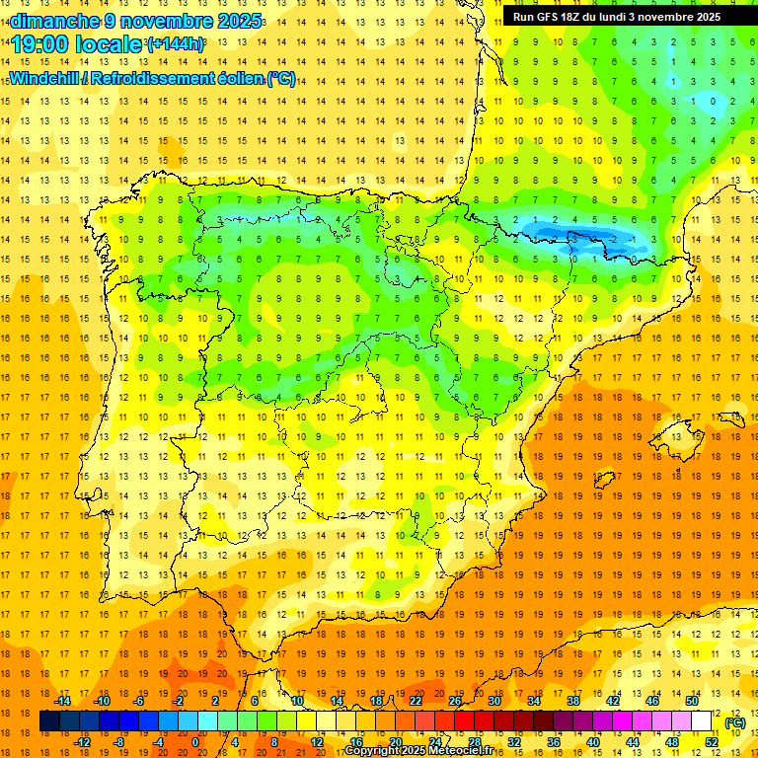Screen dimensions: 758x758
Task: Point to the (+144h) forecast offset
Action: coord(175,44)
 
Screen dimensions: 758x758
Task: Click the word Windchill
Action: coord(45,79)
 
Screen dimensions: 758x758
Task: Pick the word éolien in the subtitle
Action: coord(240,79)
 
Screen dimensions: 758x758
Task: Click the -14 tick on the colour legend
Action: coord(63,701)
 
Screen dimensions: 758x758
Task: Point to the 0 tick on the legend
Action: coord(195,742)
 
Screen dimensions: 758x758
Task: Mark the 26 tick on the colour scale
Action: coord(454,701)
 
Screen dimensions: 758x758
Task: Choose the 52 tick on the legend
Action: coord(711,742)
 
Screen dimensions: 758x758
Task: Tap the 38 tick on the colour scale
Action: coord(572,701)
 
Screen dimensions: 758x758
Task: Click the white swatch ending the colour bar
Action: coord(702,721)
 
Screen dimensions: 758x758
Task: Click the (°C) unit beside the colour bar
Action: coord(735,722)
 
